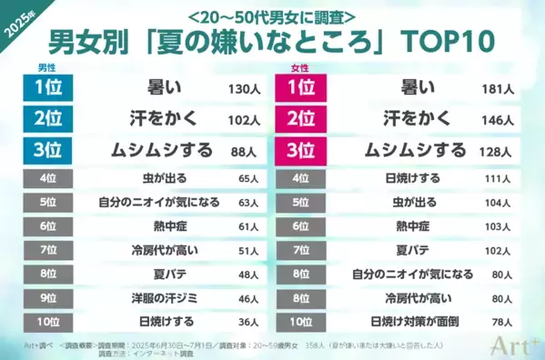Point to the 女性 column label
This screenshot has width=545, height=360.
point(296,69)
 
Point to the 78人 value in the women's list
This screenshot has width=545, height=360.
point(500,321)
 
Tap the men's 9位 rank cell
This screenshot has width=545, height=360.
point(48,296)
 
